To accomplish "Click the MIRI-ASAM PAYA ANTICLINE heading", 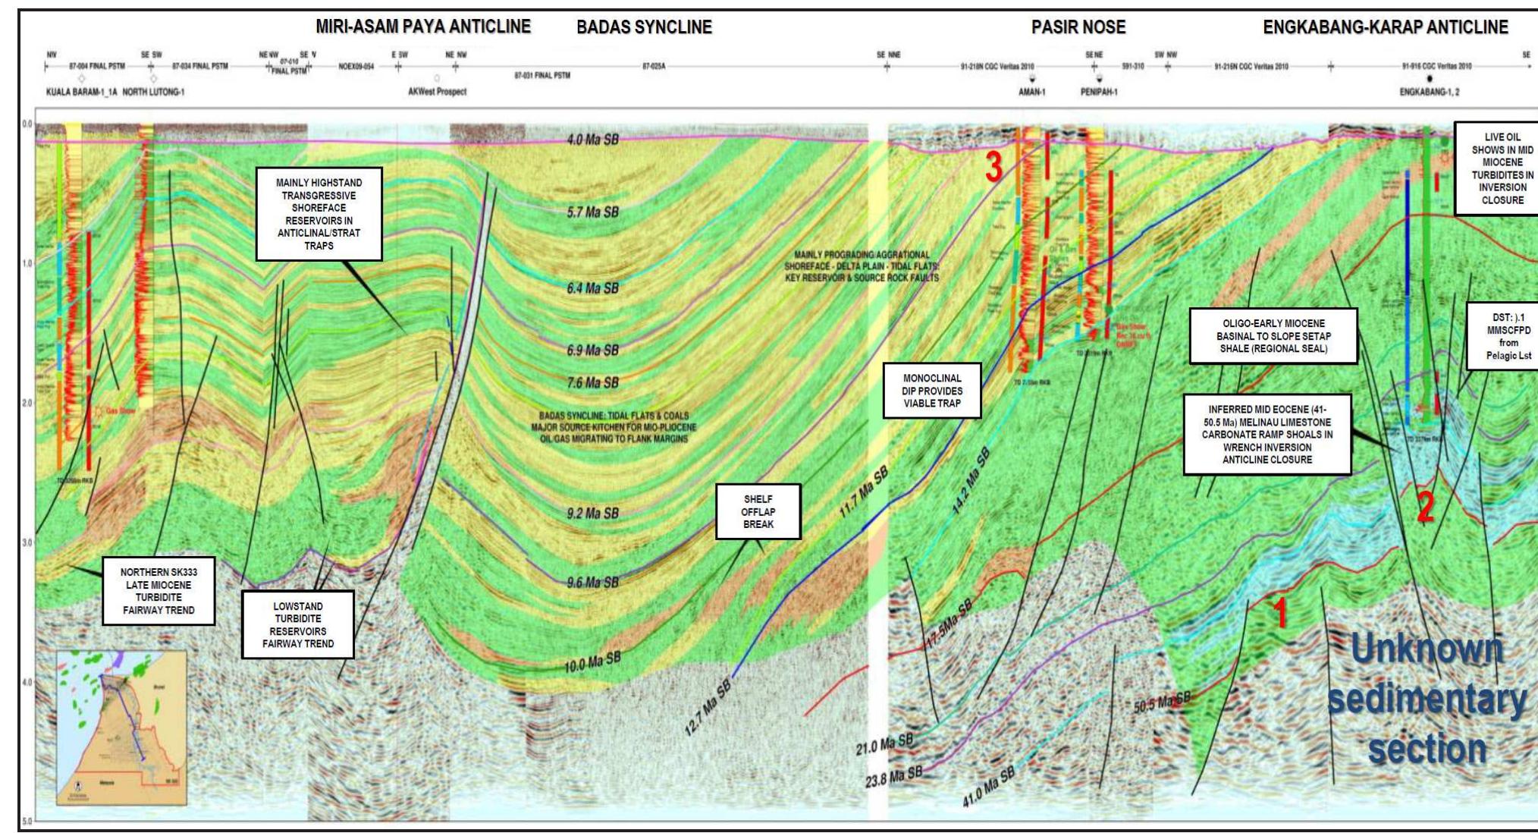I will (423, 27).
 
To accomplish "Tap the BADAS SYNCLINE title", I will (644, 28).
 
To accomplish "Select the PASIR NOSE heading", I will (1078, 28).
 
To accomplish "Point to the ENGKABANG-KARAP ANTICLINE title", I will (1385, 28).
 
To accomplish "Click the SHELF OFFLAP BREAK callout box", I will (758, 511).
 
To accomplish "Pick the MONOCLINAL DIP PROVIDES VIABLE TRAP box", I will (931, 391).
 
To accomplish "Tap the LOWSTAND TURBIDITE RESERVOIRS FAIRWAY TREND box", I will (298, 624).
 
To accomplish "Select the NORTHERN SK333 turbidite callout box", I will (159, 591).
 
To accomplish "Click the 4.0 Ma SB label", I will (592, 140).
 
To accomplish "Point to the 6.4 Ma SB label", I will (592, 288).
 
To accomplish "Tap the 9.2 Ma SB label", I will (592, 514).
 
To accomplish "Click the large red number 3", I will (993, 168).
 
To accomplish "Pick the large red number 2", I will (1426, 508).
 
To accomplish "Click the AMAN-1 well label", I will (1031, 92).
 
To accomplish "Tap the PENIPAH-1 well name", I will (1099, 92).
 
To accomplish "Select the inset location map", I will (121, 728).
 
